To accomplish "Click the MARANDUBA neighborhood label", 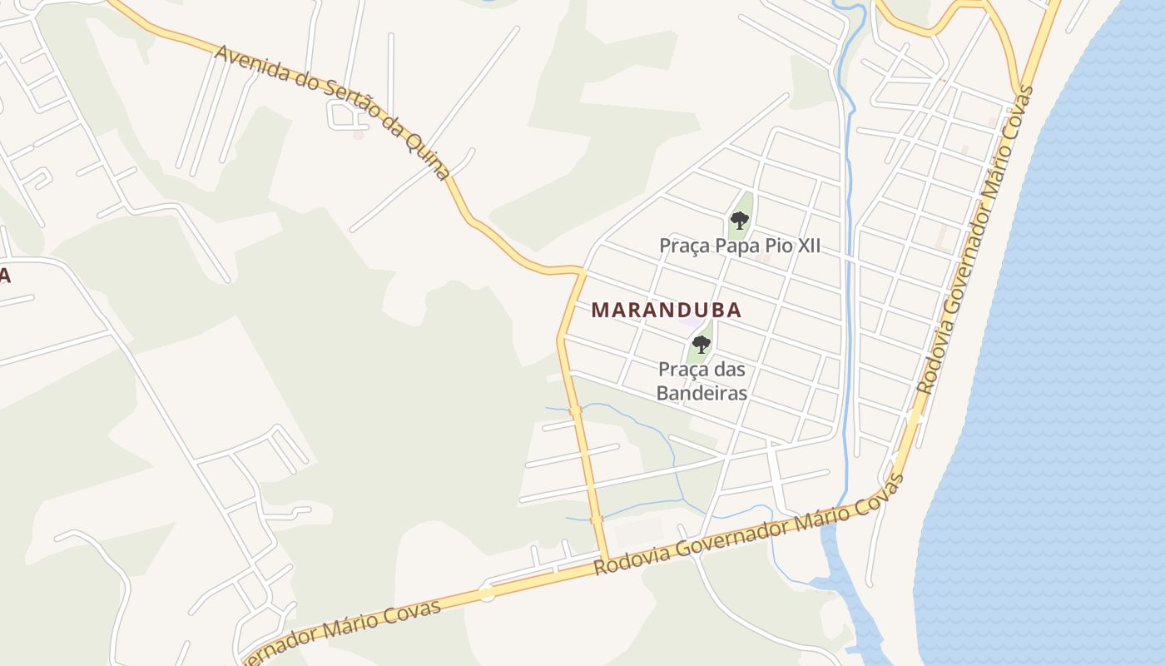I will click(x=666, y=311).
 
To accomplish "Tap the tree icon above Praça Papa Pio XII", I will click(x=739, y=221).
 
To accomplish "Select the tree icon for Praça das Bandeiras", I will click(x=701, y=344).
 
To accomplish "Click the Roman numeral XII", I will click(x=805, y=246).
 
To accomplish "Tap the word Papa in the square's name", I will click(x=731, y=246).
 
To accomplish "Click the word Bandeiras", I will click(x=701, y=393).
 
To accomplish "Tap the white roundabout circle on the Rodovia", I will click(x=487, y=593).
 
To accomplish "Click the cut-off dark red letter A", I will click(x=4, y=276).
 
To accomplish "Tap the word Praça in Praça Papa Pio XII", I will click(x=683, y=246).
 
